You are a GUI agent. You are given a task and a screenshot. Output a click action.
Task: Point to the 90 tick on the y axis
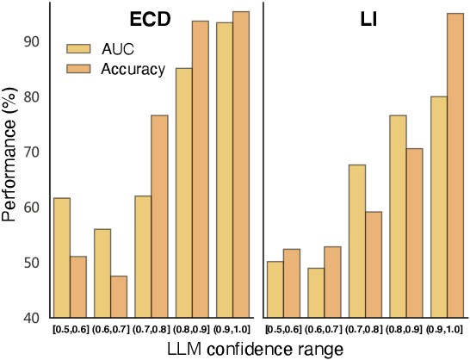[32, 41]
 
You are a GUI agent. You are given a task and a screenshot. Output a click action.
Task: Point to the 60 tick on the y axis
[32, 208]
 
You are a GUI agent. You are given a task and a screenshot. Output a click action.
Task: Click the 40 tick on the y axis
[32, 318]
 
